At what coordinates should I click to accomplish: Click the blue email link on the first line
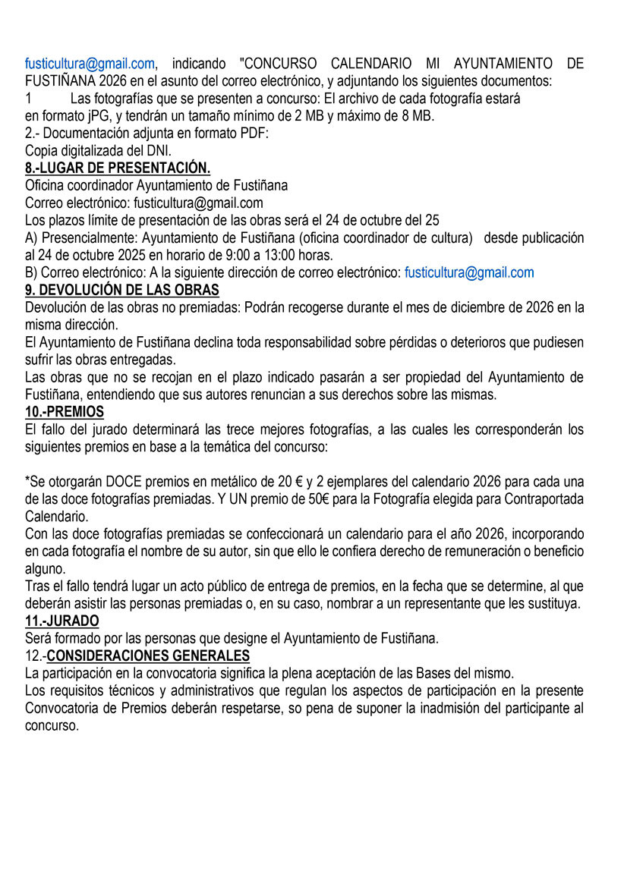click(x=90, y=64)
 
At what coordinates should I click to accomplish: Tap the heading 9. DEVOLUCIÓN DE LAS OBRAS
click(x=122, y=290)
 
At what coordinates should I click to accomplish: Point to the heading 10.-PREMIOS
click(x=65, y=412)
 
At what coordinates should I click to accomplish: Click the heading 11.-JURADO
click(x=62, y=621)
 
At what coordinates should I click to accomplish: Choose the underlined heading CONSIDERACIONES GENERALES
click(x=148, y=656)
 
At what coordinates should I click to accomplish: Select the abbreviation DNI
click(x=158, y=150)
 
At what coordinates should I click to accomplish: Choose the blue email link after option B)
click(x=469, y=272)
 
